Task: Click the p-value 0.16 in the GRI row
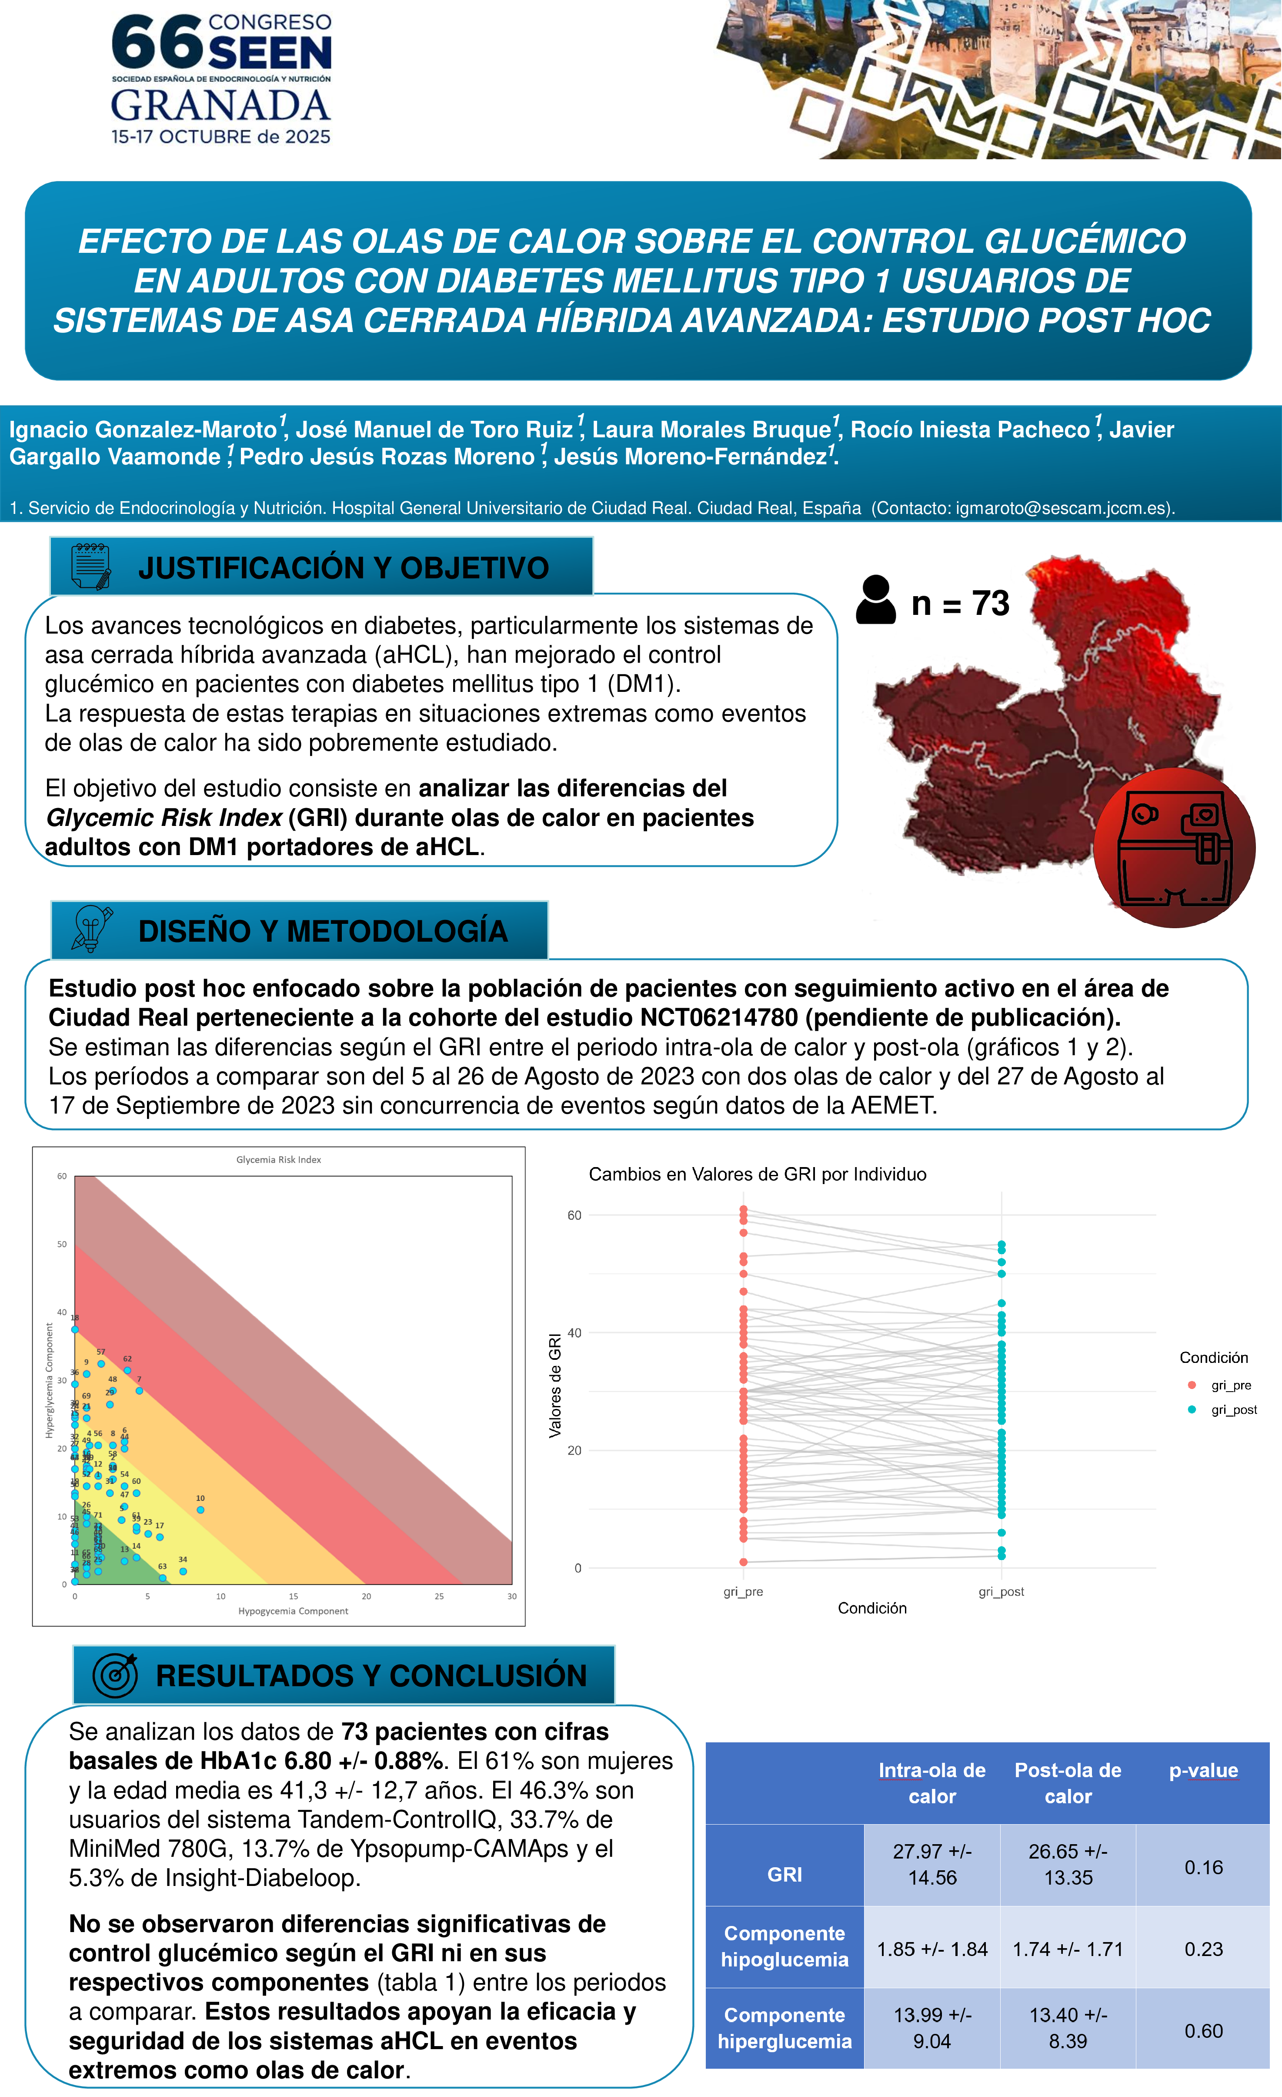1203,1867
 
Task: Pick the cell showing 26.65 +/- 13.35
1068,1864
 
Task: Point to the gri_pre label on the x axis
743,1591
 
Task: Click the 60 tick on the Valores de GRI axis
575,1215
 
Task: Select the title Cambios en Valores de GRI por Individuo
757,1174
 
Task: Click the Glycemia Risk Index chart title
278,1159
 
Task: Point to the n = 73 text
960,604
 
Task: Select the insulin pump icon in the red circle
1174,848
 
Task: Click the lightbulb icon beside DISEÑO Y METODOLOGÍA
91,929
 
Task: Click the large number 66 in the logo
157,43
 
